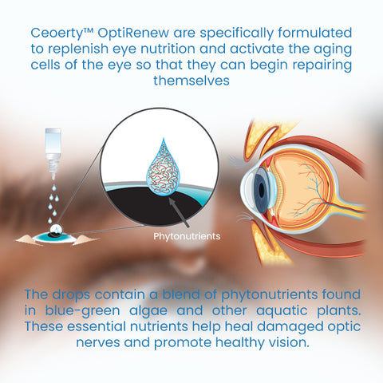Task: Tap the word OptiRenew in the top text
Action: pyautogui.click(x=133, y=33)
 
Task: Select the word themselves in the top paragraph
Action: pyautogui.click(x=191, y=81)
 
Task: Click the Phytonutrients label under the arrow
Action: pyautogui.click(x=187, y=236)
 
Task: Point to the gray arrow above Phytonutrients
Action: pyautogui.click(x=179, y=213)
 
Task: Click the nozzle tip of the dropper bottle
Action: pyautogui.click(x=53, y=178)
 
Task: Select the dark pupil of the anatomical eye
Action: pyautogui.click(x=262, y=190)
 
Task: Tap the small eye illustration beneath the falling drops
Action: pyautogui.click(x=57, y=236)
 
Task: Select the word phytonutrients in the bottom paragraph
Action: pyautogui.click(x=270, y=295)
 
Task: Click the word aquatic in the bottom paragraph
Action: pyautogui.click(x=282, y=311)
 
